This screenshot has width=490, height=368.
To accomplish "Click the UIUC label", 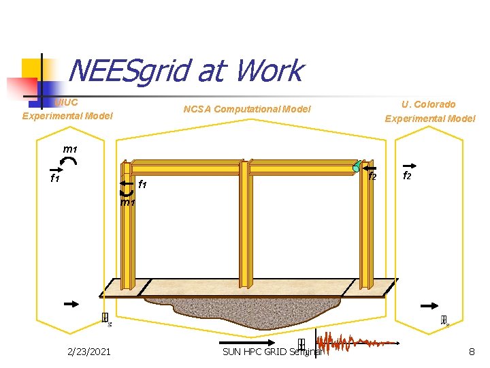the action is click(67, 102).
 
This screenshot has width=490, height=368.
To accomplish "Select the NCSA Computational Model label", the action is click(247, 109).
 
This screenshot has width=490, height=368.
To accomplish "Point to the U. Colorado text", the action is click(429, 104).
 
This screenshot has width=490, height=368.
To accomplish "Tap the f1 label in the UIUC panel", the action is click(56, 179).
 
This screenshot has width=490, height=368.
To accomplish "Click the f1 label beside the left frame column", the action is click(143, 185).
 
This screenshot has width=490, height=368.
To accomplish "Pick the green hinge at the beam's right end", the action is click(356, 168).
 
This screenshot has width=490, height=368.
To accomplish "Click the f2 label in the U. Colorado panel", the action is click(407, 175).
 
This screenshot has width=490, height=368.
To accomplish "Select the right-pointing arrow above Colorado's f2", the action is click(410, 165).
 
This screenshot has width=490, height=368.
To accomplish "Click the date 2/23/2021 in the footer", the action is click(89, 352).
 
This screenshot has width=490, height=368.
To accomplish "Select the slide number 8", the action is click(472, 352).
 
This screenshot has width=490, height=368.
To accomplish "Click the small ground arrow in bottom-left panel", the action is click(71, 305).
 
